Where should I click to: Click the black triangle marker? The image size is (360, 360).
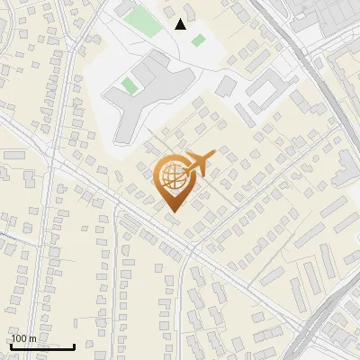[181, 24]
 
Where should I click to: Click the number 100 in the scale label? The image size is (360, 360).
[20, 338]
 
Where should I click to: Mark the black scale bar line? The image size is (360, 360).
[42, 346]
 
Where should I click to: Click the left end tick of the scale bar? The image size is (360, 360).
[11, 346]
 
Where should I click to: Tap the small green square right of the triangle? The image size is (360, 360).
[197, 40]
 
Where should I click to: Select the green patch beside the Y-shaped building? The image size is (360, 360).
[130, 85]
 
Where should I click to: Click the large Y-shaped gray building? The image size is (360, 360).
[144, 94]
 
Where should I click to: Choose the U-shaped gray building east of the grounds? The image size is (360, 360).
[265, 89]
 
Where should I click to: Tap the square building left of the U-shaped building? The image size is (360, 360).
[226, 86]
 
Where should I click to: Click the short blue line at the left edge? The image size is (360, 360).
[4, 233]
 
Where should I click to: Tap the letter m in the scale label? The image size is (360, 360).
[32, 339]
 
